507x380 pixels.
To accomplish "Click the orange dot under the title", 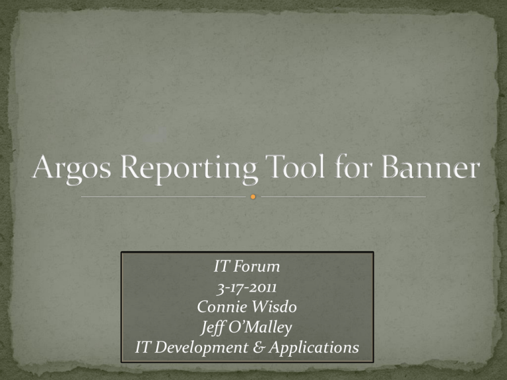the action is pyautogui.click(x=253, y=197).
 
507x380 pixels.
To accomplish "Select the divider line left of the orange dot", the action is pyautogui.click(x=163, y=197).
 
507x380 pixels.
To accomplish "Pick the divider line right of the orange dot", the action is pyautogui.click(x=343, y=197).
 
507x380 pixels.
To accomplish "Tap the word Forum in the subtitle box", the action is pyautogui.click(x=256, y=267).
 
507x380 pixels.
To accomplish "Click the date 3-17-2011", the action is pyautogui.click(x=247, y=287).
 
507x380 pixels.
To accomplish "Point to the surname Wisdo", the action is pyautogui.click(x=272, y=307).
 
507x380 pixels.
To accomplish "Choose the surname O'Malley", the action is pyautogui.click(x=260, y=328).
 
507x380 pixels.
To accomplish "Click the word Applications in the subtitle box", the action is pyautogui.click(x=314, y=348).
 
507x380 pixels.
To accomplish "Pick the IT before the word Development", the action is pyautogui.click(x=143, y=348).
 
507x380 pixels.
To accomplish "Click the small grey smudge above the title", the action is pyautogui.click(x=156, y=135).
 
